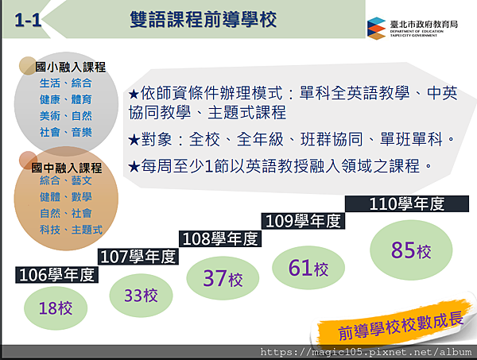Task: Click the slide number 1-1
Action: (x=28, y=21)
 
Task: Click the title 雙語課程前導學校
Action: (x=204, y=19)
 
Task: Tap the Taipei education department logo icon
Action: (x=376, y=29)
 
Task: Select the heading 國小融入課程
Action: (x=70, y=68)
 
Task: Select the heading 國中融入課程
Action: (x=67, y=168)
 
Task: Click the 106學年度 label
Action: (x=56, y=275)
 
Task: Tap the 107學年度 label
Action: (x=138, y=257)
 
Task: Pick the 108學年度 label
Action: (x=220, y=238)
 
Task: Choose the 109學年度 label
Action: (x=303, y=221)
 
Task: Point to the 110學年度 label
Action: (x=407, y=203)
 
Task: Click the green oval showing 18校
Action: (x=56, y=308)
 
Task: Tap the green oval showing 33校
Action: (x=142, y=296)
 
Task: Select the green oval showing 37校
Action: (x=223, y=278)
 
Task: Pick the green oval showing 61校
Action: (x=308, y=268)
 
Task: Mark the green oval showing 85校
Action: (x=411, y=250)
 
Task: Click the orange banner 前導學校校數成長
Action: (x=393, y=326)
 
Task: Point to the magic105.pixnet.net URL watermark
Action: (x=366, y=352)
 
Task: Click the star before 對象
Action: (x=134, y=140)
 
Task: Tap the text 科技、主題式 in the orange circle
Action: (x=71, y=230)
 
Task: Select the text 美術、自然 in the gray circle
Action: (x=66, y=116)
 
